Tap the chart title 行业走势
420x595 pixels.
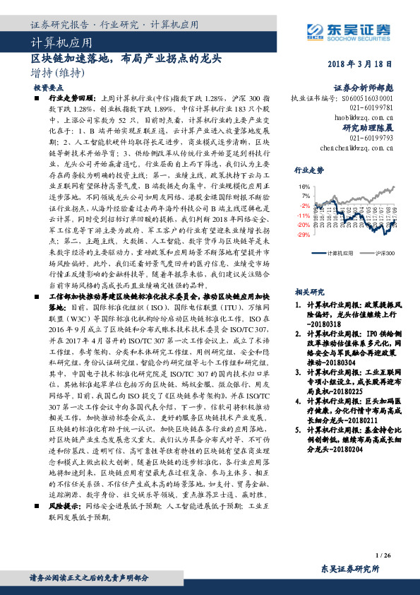308,170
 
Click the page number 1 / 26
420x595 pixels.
383,557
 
